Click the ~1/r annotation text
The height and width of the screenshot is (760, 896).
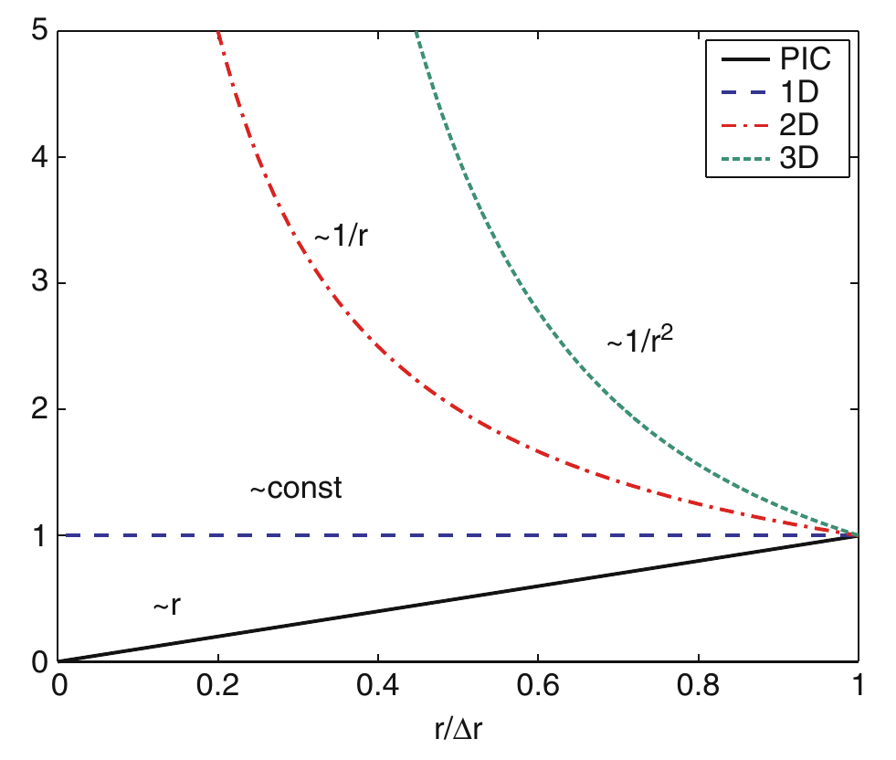point(342,235)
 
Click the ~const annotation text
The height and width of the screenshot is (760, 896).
point(296,489)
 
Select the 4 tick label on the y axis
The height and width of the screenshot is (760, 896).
point(39,157)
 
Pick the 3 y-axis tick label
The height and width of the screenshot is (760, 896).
point(39,283)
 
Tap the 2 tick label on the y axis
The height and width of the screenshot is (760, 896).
point(39,408)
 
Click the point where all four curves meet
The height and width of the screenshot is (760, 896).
point(857,535)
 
